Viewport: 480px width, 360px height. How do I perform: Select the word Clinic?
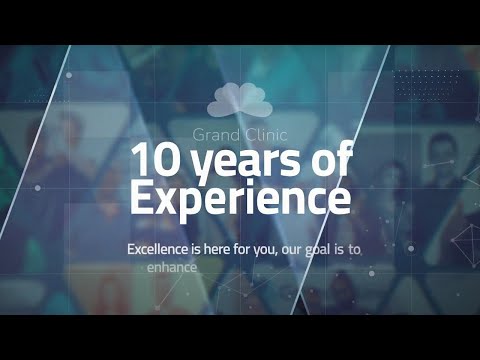[263, 133]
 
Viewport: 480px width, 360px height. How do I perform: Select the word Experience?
[240, 198]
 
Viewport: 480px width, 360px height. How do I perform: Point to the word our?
[301, 249]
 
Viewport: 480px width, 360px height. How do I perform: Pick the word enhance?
[172, 268]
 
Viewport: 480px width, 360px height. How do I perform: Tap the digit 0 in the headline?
[163, 160]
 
